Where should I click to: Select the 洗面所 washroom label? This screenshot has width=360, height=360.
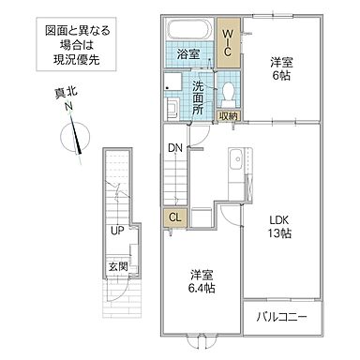(198, 97)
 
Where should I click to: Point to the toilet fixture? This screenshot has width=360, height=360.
(229, 91)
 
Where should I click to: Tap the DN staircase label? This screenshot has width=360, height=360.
(175, 146)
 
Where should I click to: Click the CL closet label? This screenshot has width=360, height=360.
(174, 217)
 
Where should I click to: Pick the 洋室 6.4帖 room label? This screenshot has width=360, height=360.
(200, 281)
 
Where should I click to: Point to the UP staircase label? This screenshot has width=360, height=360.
(116, 231)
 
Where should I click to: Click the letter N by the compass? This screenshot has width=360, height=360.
(67, 108)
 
